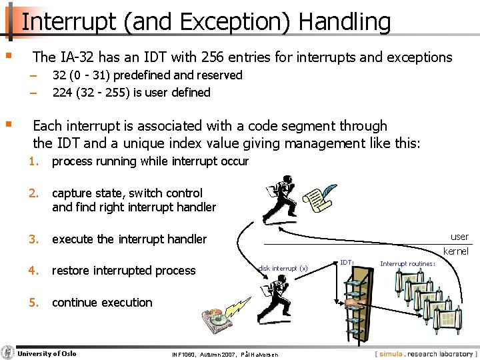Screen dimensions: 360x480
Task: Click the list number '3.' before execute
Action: click(x=34, y=239)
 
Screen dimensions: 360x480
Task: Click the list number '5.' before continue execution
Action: click(x=34, y=303)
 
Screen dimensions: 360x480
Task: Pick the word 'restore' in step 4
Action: click(x=73, y=271)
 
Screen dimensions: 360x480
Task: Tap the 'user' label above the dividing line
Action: click(x=459, y=237)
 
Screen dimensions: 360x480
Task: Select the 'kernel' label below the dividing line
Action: click(x=456, y=251)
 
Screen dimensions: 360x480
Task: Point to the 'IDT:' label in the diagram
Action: click(x=347, y=263)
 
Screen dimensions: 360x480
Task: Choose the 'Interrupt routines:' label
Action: click(x=407, y=263)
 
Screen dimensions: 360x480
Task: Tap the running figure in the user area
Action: click(x=279, y=200)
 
